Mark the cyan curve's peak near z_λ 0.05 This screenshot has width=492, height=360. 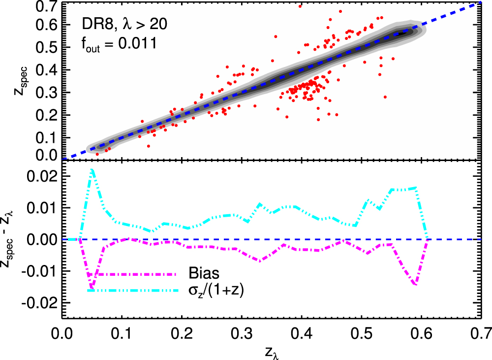92,169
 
